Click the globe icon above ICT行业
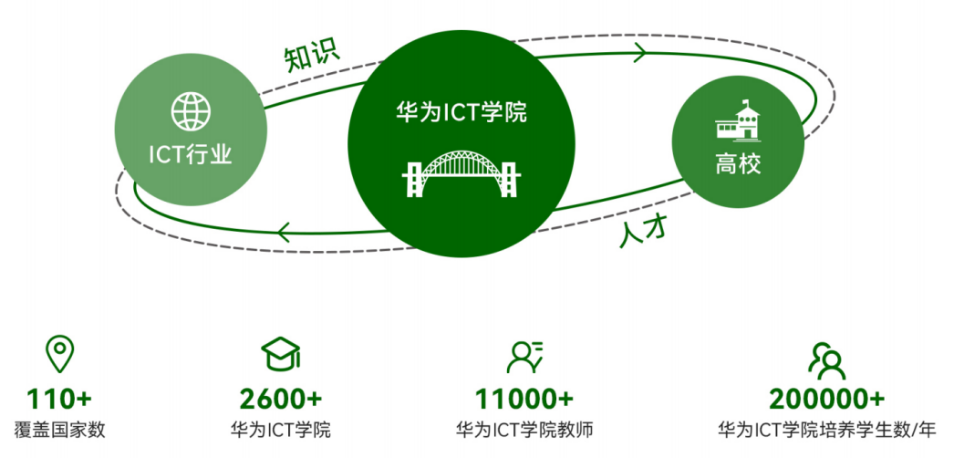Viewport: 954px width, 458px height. tap(191, 111)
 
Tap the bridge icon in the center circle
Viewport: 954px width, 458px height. tap(461, 172)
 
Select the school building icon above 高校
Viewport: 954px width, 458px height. tap(738, 120)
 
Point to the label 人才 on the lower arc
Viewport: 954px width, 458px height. tap(645, 232)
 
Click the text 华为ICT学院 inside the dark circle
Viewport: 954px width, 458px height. tap(461, 113)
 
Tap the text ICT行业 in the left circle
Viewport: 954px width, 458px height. tap(191, 155)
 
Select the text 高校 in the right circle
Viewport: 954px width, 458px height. tap(738, 165)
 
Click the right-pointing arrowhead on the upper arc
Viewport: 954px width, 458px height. tap(640, 53)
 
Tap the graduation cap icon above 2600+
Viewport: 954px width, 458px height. tap(281, 355)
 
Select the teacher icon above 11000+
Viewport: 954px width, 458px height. tap(524, 357)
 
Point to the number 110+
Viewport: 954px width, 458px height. tap(59, 399)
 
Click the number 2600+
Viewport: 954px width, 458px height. tap(281, 399)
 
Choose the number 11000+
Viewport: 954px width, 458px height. tap(524, 399)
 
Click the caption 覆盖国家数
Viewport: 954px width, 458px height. tap(59, 430)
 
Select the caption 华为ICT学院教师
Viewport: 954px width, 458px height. tap(524, 430)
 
